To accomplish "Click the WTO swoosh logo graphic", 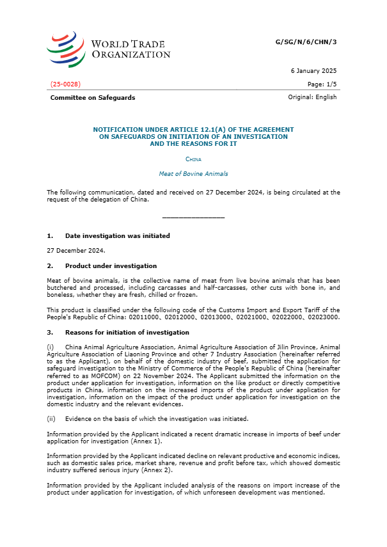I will [66, 49].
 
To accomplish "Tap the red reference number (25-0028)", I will [65, 84].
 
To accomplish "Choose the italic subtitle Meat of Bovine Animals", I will [193, 173].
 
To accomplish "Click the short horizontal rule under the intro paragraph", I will [193, 218].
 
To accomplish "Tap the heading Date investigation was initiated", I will [117, 235].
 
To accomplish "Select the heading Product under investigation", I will [111, 266].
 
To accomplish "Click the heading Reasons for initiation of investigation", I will [127, 332].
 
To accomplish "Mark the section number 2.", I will [50, 266].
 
